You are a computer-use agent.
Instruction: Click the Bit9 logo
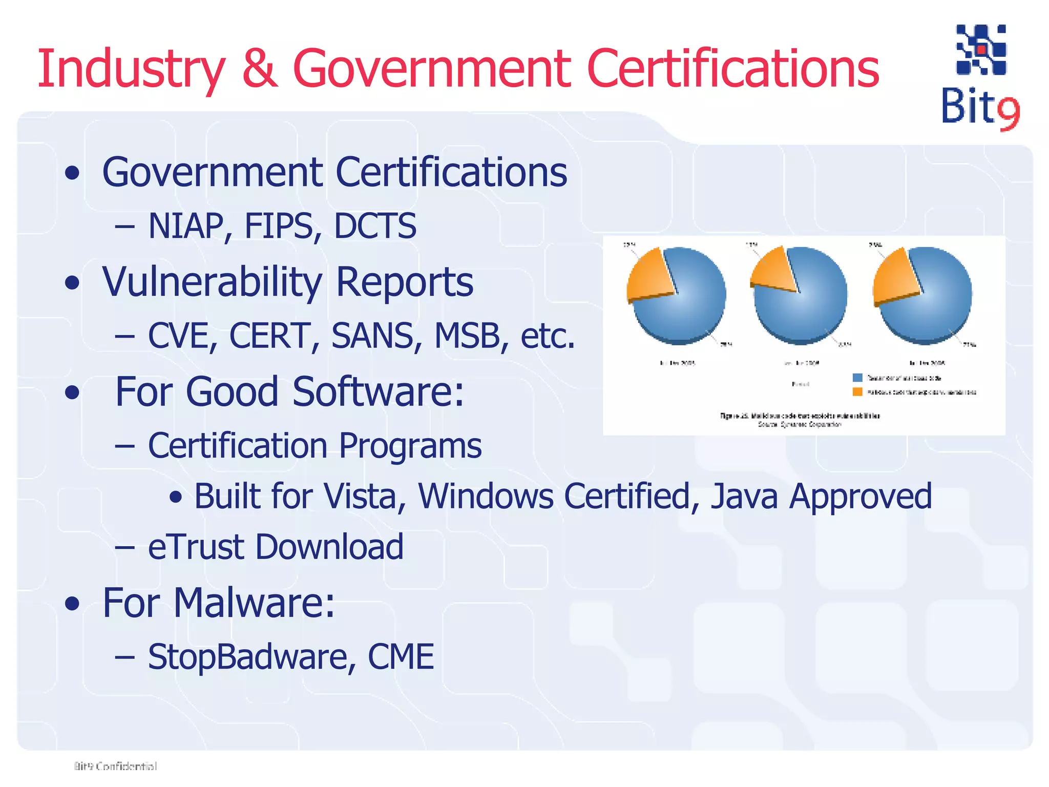[980, 77]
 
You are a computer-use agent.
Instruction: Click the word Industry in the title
[131, 69]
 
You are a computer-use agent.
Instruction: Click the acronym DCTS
[375, 226]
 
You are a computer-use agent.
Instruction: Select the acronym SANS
[372, 336]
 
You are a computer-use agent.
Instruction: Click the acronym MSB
[467, 336]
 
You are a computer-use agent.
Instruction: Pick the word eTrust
[197, 547]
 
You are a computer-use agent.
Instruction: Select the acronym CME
[401, 657]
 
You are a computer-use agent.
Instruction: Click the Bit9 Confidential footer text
[115, 767]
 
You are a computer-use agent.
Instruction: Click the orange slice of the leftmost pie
[648, 276]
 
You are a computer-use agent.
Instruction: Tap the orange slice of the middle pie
[771, 270]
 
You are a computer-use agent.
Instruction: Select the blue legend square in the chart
[857, 378]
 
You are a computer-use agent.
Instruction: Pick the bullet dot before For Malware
[73, 604]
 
